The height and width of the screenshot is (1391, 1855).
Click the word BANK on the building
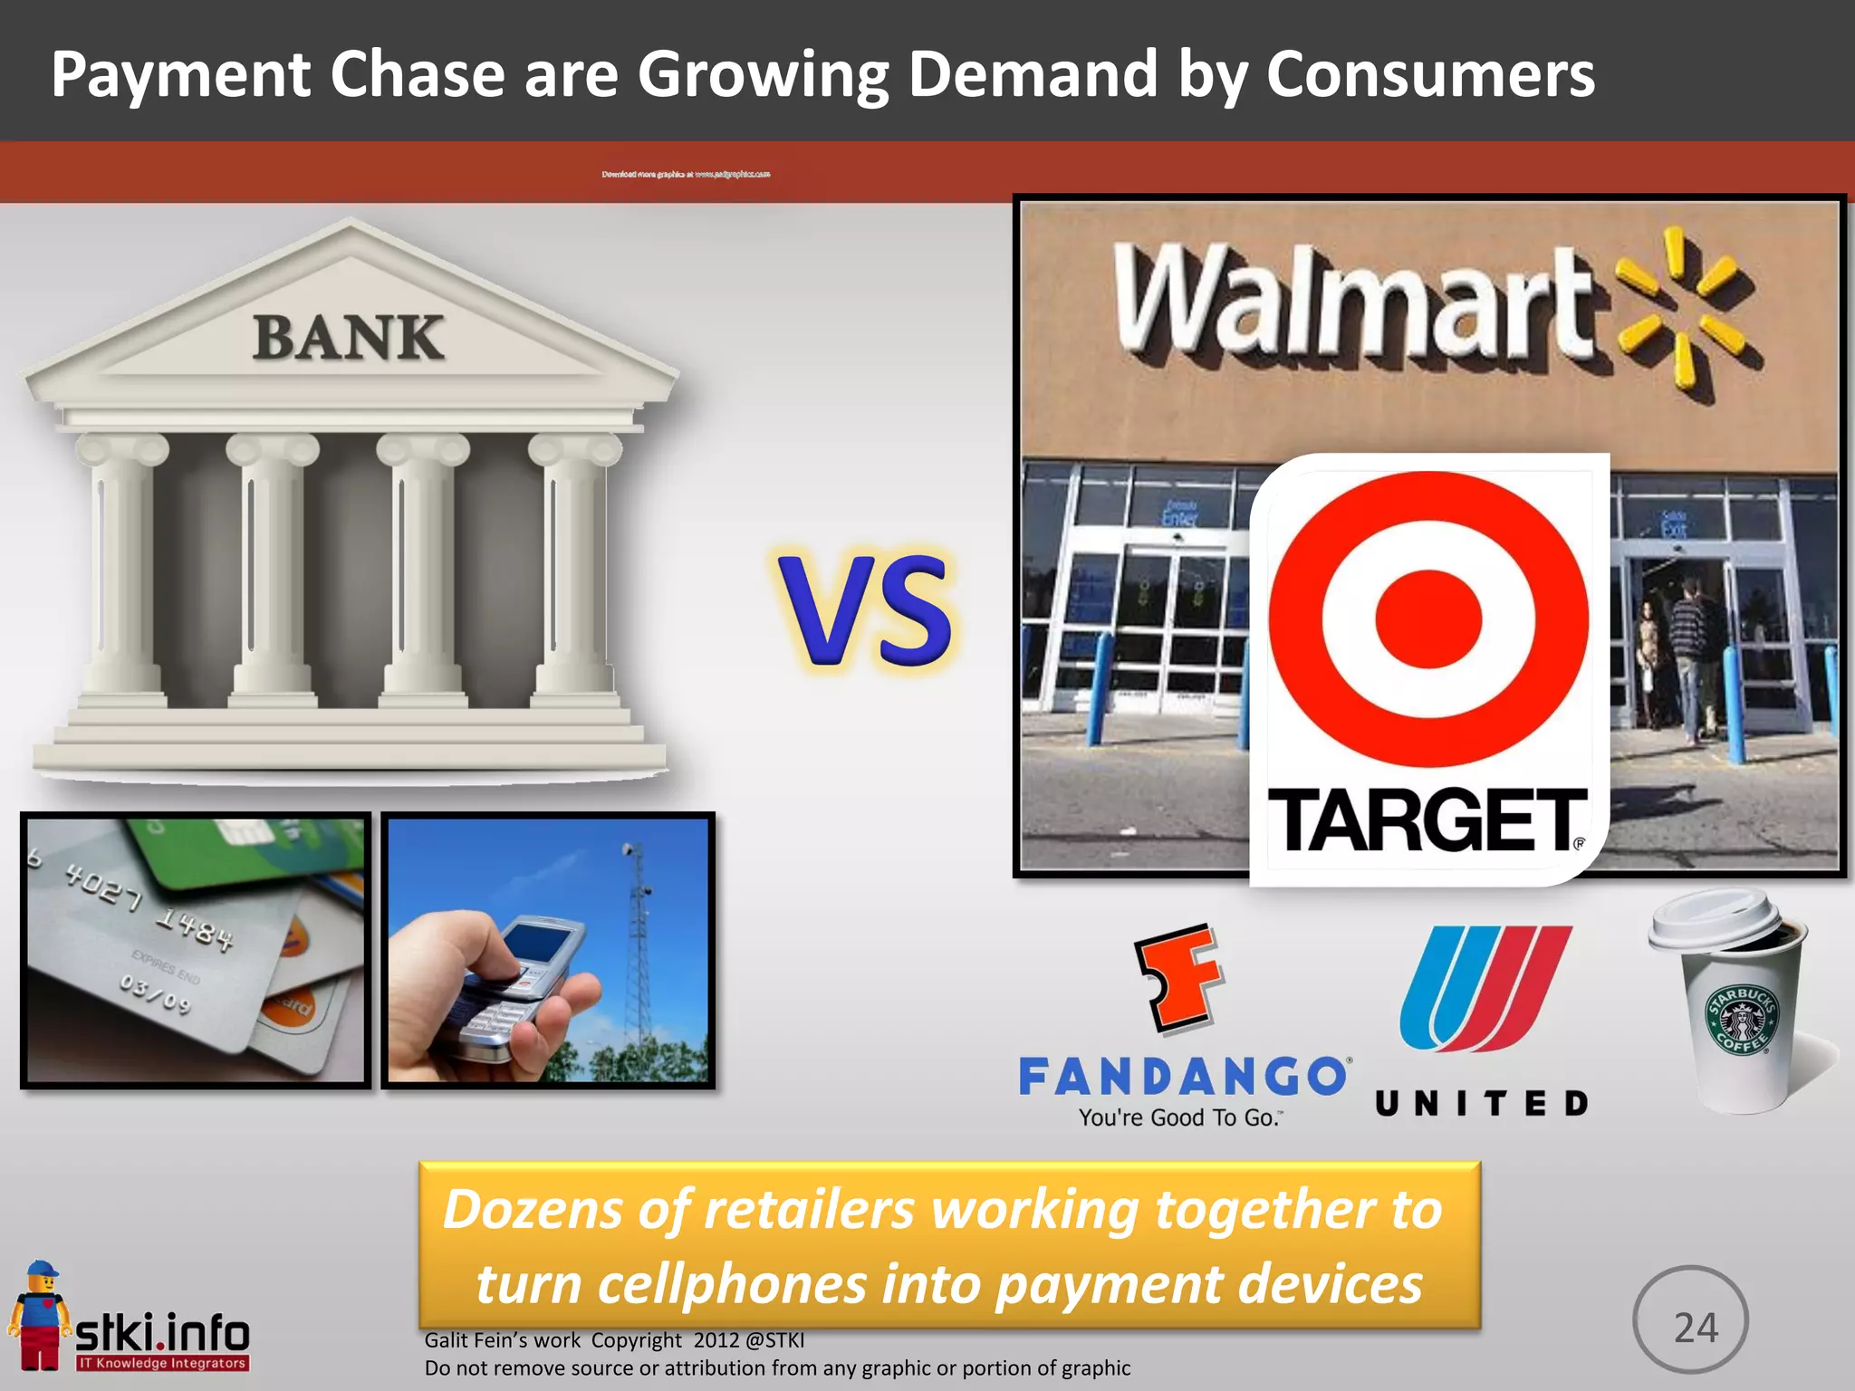pyautogui.click(x=349, y=338)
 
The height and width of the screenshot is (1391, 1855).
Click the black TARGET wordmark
pyautogui.click(x=1426, y=820)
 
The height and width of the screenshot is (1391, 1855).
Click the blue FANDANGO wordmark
pyautogui.click(x=1182, y=1077)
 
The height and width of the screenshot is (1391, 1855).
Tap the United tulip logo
pyautogui.click(x=1485, y=987)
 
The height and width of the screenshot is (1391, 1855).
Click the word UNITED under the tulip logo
pyautogui.click(x=1482, y=1103)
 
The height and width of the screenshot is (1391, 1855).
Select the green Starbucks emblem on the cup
pyautogui.click(x=1742, y=1020)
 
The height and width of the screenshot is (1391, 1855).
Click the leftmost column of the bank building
pyautogui.click(x=122, y=571)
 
